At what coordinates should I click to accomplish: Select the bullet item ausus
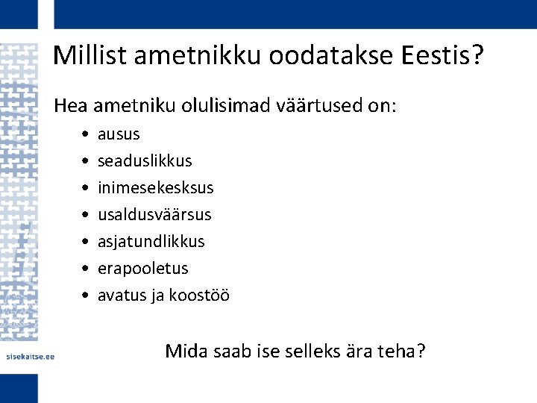[x=119, y=134]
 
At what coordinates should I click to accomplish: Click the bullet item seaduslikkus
[x=145, y=161]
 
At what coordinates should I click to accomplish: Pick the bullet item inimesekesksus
[x=155, y=188]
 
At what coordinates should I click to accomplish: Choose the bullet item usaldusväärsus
[x=154, y=215]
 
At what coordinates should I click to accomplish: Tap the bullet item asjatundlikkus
[x=151, y=242]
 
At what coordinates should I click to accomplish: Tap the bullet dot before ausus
[x=87, y=135]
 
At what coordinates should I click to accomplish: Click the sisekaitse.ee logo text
[x=31, y=356]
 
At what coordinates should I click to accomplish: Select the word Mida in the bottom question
[x=185, y=350]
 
